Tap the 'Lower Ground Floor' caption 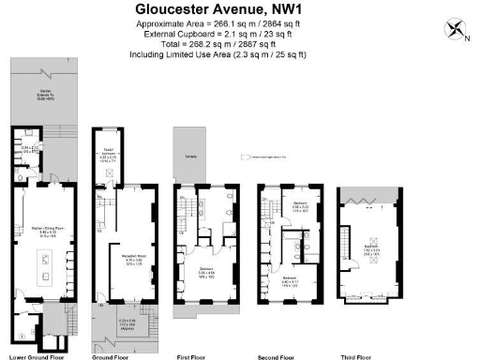[37, 355]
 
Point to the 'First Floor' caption [197, 355]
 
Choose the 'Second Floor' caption [281, 355]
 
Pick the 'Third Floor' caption [368, 355]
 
